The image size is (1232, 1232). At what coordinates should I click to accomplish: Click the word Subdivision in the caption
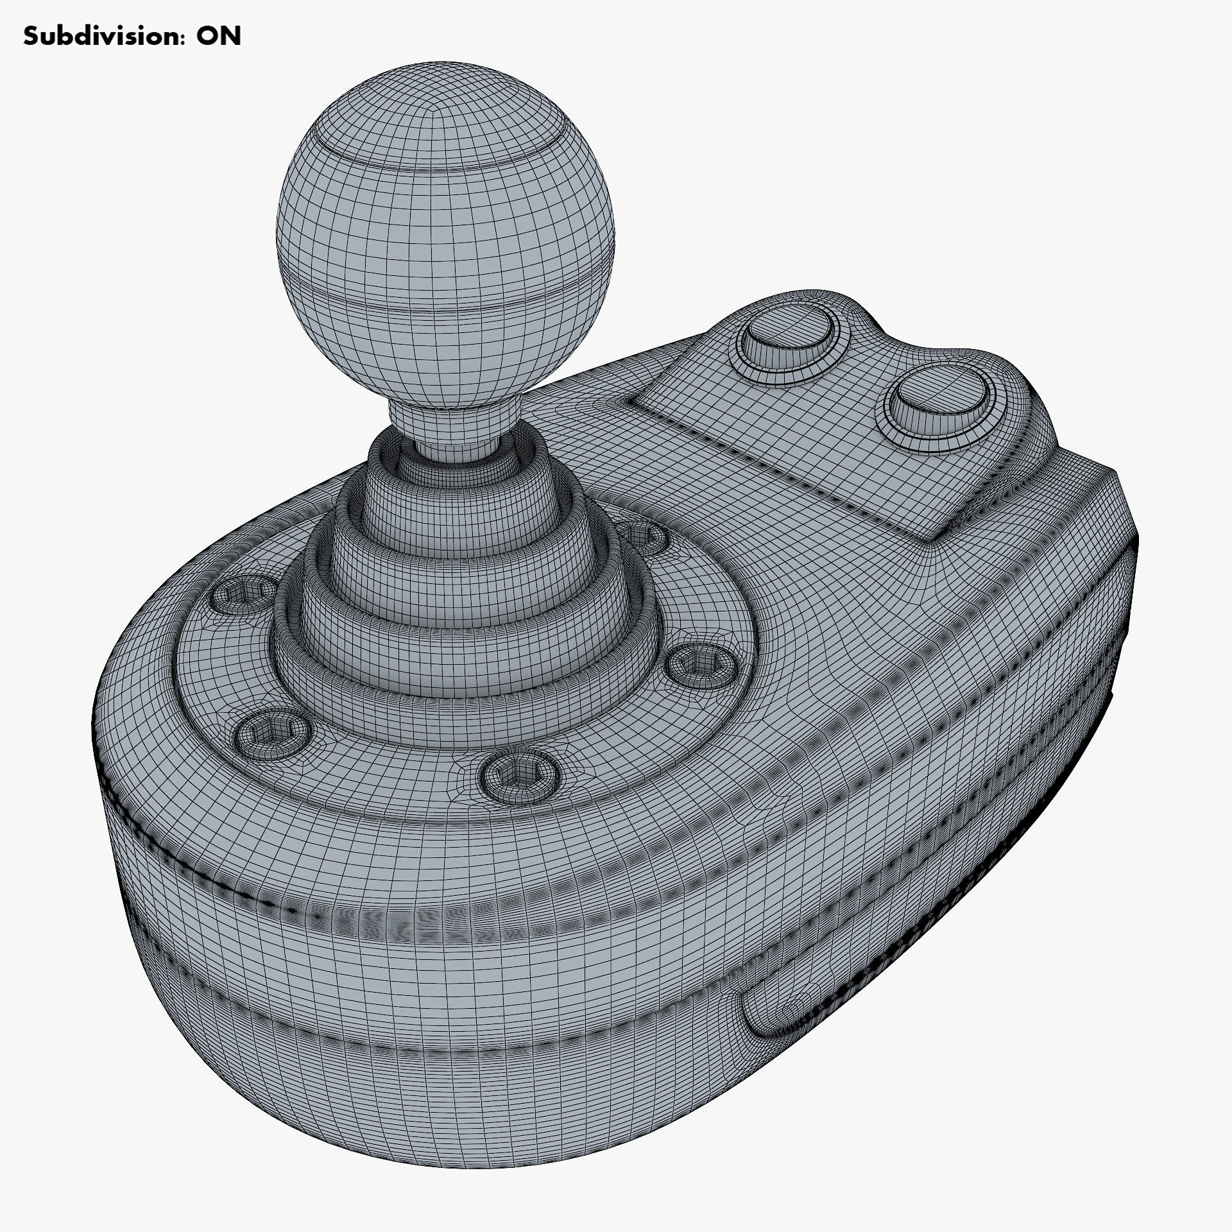pos(95,37)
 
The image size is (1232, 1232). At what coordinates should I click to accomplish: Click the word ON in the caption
pos(218,37)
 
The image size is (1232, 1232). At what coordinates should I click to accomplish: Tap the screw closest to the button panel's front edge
pos(699,667)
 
